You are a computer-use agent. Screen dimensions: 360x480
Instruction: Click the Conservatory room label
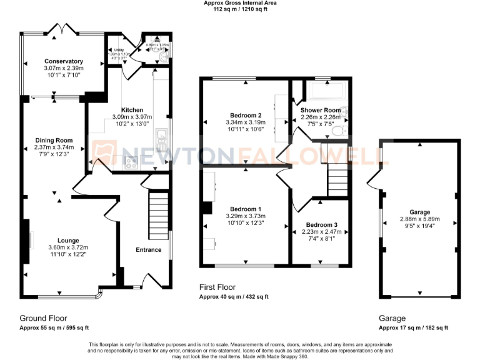tap(64, 61)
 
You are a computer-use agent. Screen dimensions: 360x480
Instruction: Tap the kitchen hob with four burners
tap(132, 163)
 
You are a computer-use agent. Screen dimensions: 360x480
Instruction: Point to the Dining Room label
tap(53, 140)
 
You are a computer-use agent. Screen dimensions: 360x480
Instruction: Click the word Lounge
tap(67, 240)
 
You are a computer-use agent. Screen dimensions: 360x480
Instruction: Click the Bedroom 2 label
tap(246, 115)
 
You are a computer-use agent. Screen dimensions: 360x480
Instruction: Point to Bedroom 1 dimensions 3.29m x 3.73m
tap(246, 216)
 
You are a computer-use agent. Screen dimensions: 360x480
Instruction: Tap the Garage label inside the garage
tap(419, 212)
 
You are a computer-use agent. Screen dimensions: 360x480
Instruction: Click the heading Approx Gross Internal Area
tap(240, 3)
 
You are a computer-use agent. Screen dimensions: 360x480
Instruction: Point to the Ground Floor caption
tap(43, 318)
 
